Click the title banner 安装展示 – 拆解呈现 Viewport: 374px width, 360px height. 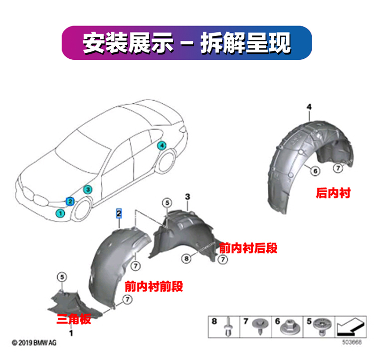point(187,43)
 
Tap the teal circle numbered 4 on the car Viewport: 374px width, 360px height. point(161,146)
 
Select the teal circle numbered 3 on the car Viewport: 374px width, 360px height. point(87,189)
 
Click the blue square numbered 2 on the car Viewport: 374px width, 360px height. point(70,201)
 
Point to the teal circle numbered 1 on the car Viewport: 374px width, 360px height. point(60,213)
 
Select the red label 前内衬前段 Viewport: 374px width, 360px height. point(154,287)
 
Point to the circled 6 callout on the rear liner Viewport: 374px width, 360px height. point(315,171)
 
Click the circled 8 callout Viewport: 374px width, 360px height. point(186,259)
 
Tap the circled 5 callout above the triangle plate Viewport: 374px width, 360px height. point(61,277)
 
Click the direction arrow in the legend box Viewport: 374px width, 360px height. point(350,327)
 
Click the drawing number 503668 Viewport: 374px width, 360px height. point(352,343)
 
